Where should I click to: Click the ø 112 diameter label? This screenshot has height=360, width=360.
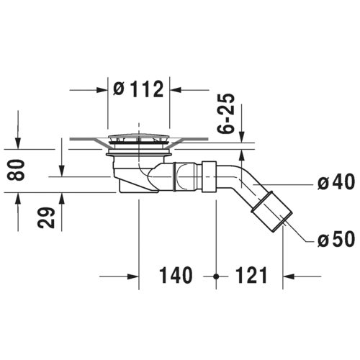tap(138, 89)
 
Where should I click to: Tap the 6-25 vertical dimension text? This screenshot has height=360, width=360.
tap(225, 113)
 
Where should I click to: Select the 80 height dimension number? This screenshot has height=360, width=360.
tap(16, 170)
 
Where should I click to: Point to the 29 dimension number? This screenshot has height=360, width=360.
tap(46, 217)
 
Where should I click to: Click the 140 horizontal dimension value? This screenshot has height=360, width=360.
tap(176, 275)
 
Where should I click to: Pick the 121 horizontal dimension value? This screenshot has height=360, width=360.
tap(251, 275)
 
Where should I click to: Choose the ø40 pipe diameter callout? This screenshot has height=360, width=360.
tap(336, 181)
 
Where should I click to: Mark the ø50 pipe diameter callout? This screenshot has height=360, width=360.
tap(336, 239)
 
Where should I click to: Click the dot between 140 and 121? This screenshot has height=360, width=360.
tap(216, 276)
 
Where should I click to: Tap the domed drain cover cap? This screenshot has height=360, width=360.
tap(139, 138)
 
